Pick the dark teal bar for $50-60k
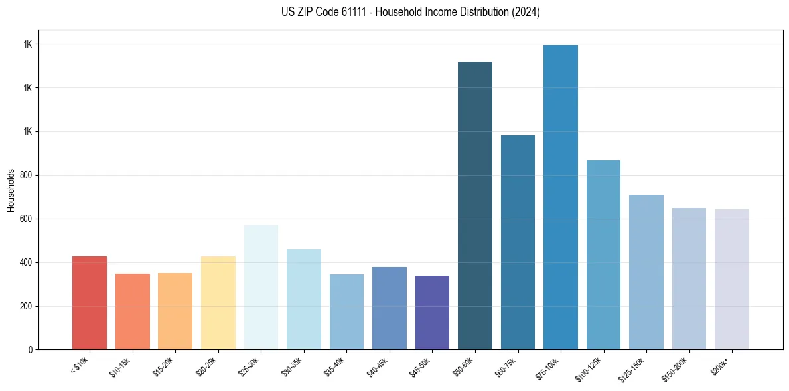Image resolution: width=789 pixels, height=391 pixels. click(x=475, y=205)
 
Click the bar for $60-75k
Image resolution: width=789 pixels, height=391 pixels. click(x=518, y=242)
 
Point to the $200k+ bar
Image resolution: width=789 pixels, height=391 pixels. click(x=732, y=279)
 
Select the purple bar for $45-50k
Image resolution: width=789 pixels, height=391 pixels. click(x=432, y=312)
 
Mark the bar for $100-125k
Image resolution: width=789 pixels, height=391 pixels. click(x=603, y=254)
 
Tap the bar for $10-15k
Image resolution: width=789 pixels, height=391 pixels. click(x=133, y=311)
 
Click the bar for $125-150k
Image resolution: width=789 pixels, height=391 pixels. click(x=646, y=272)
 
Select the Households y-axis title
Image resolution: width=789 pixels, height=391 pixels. click(x=11, y=190)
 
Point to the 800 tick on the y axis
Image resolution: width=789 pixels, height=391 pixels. click(x=27, y=176)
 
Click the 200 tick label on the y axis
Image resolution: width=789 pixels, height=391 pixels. click(x=27, y=306)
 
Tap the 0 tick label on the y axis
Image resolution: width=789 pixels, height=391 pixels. click(x=31, y=350)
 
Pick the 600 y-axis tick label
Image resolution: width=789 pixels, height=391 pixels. click(x=27, y=219)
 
